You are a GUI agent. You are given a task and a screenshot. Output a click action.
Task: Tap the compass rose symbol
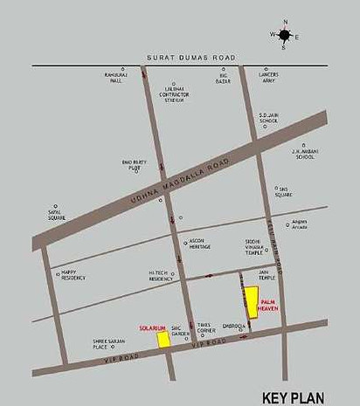[285, 34]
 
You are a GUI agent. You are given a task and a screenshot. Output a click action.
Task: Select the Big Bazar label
[224, 78]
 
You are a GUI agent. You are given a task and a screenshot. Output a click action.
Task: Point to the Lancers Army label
[268, 78]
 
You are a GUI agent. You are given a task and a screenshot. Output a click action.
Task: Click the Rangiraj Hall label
[122, 78]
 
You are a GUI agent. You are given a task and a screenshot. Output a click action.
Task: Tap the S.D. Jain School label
[268, 116]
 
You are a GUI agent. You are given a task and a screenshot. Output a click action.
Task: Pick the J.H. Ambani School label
[303, 155]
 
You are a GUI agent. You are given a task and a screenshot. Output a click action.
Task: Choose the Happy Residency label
[74, 274]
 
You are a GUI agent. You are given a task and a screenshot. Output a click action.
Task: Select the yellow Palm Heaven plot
[251, 302]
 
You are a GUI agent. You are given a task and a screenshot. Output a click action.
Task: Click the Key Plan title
[300, 396]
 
